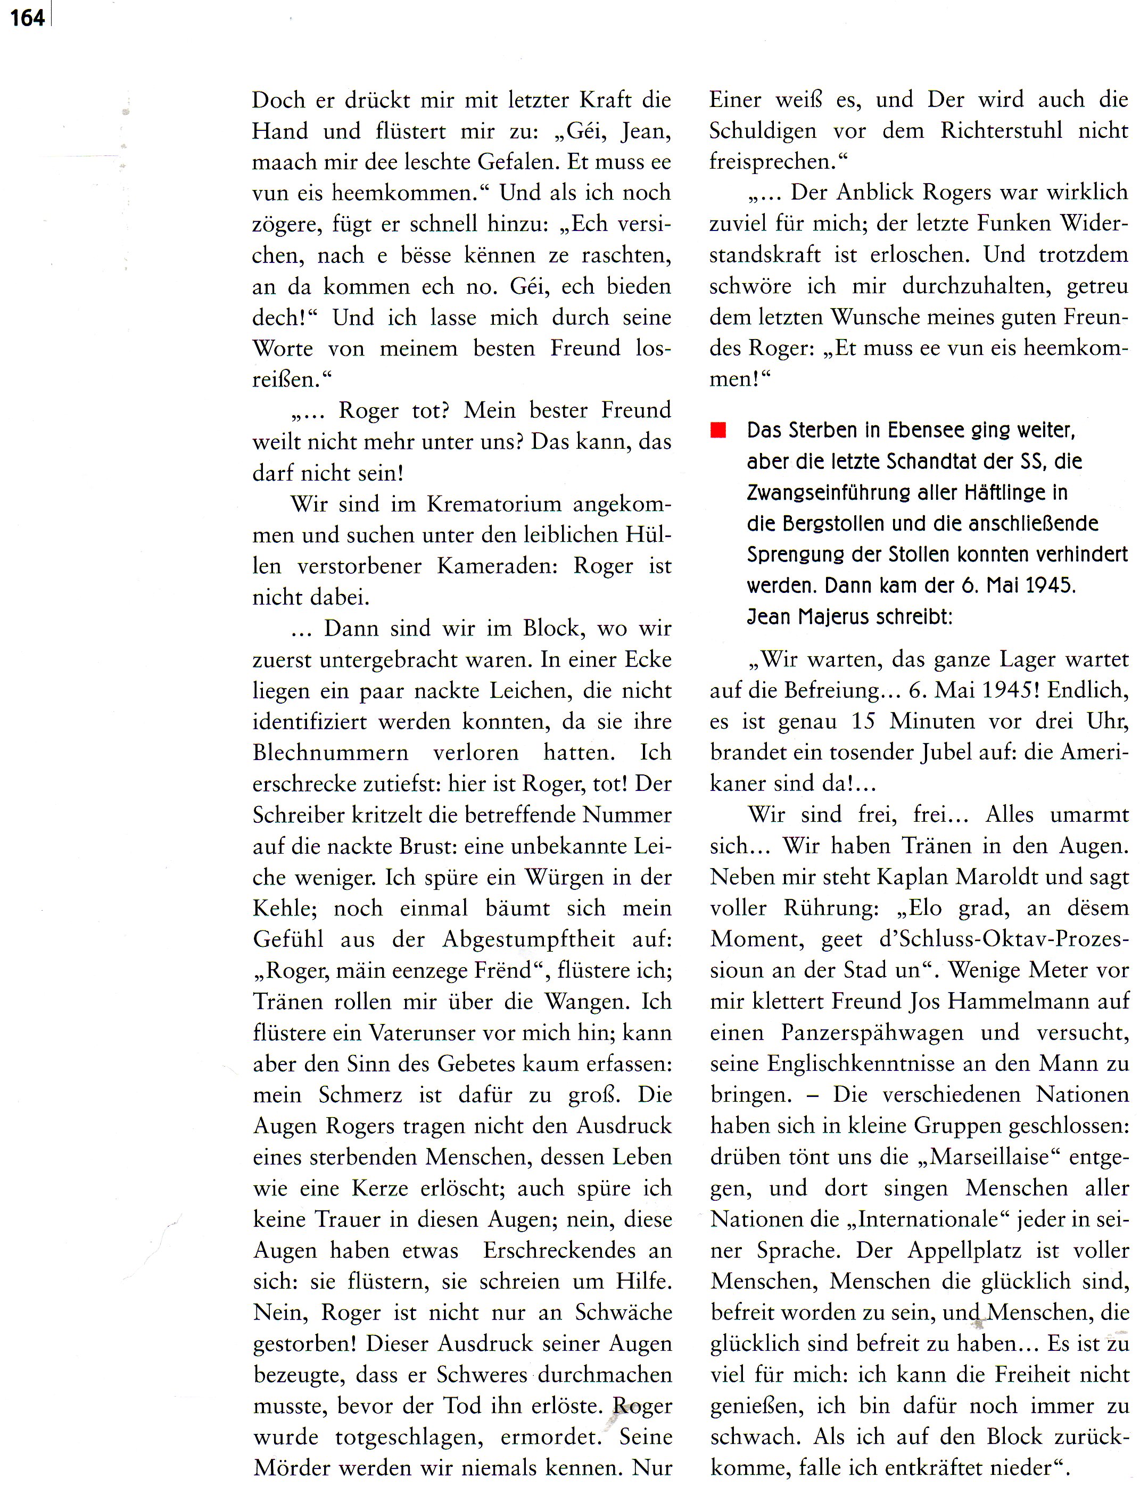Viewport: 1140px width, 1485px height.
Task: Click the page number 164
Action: click(27, 17)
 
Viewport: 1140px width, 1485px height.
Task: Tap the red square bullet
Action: click(718, 430)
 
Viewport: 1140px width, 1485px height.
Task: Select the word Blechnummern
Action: click(331, 753)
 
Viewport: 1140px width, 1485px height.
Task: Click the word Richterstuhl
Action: click(1001, 130)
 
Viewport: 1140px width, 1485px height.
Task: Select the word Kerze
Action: click(380, 1187)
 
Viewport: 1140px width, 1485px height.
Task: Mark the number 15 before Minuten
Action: click(863, 721)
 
